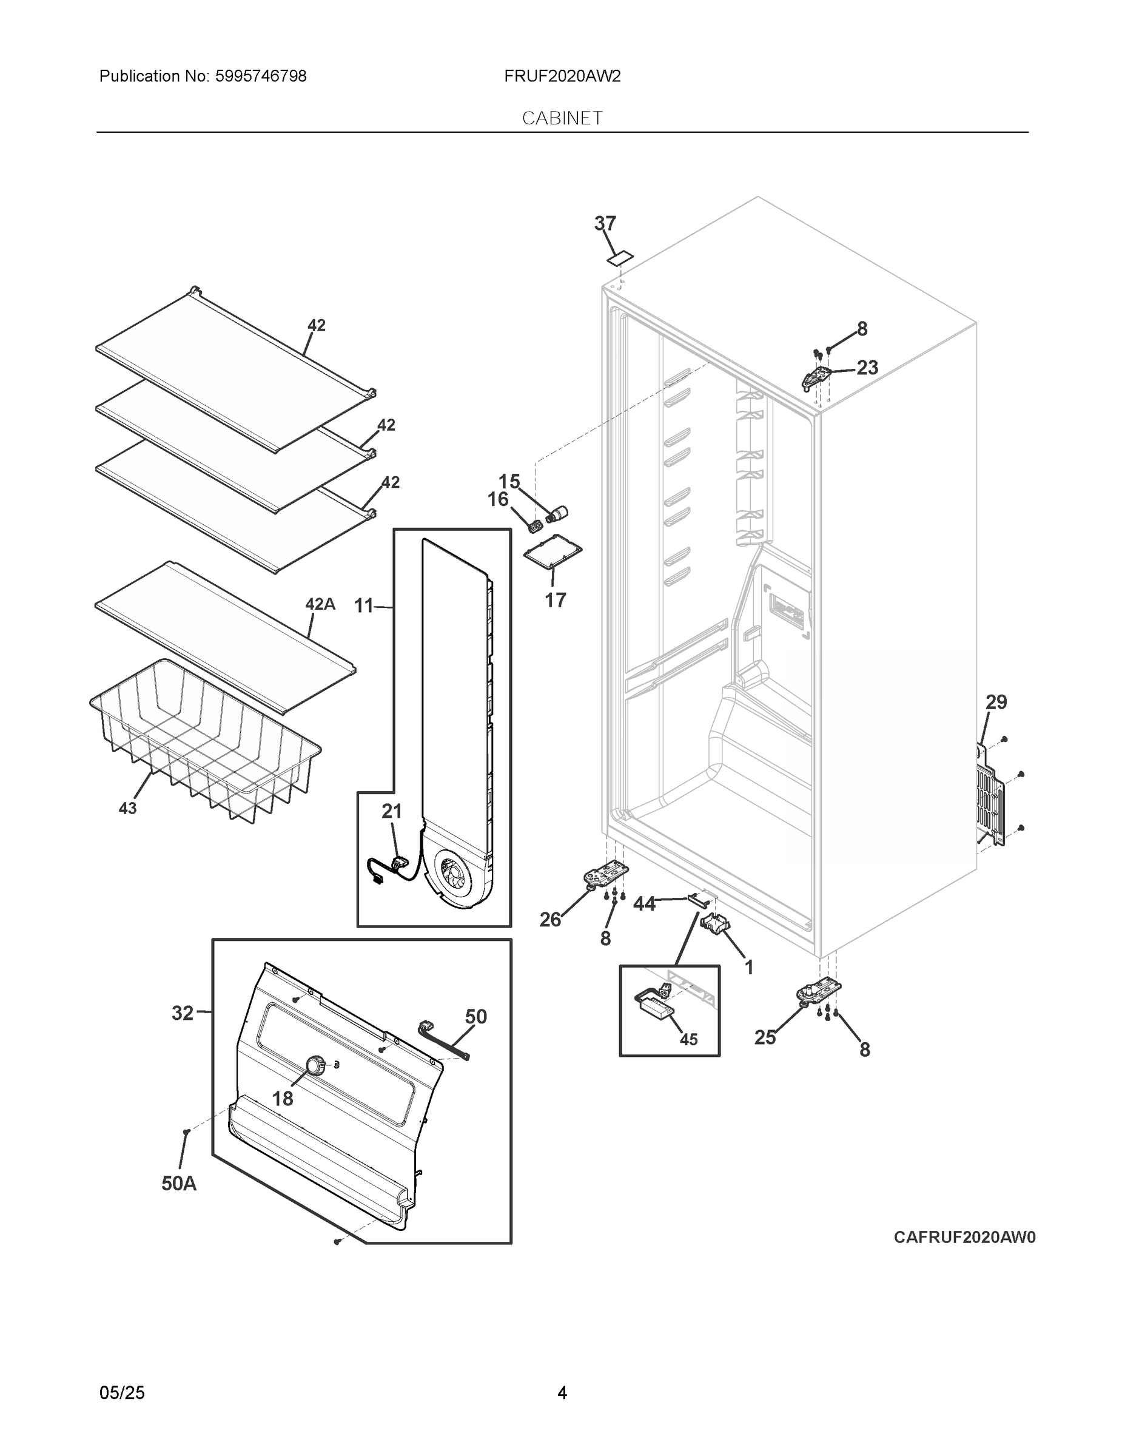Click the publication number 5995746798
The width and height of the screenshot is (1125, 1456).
coord(261,76)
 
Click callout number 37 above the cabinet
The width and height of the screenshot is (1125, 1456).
coord(605,223)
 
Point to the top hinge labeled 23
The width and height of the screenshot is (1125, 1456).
coord(815,377)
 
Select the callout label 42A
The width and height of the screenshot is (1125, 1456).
coord(320,604)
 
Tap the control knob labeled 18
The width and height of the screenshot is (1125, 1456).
coord(315,1065)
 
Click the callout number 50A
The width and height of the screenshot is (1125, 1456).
coord(179,1184)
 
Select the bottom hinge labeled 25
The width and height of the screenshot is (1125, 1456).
coord(818,991)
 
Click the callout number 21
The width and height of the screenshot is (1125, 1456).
coord(392,811)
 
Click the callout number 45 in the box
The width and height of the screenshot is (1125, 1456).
coord(688,1039)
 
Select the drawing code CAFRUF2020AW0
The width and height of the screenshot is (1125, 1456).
coord(964,1238)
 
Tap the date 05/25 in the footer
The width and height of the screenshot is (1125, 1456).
coord(122,1392)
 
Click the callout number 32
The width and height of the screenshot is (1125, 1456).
coord(183,1013)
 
